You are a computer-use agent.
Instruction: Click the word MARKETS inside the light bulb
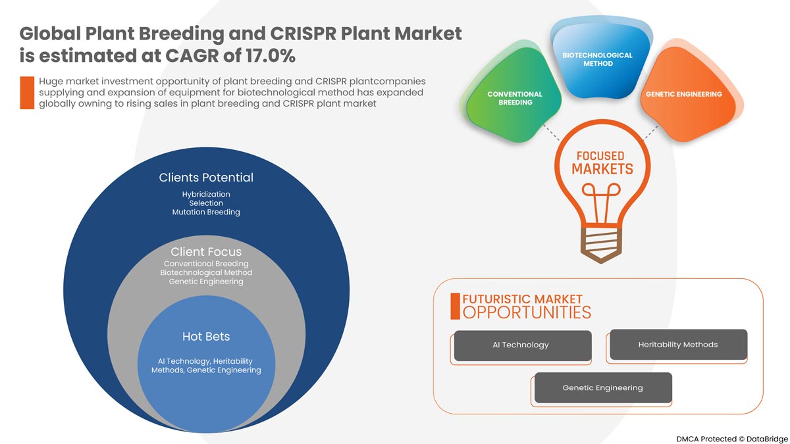602,169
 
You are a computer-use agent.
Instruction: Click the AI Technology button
521,345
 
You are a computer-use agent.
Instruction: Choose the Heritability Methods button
678,345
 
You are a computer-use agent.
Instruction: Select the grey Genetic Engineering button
602,388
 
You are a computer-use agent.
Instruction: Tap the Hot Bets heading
206,337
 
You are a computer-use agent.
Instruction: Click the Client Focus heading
206,252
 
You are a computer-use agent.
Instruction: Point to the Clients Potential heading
206,178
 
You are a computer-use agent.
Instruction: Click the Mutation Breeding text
206,212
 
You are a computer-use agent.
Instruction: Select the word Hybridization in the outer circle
206,195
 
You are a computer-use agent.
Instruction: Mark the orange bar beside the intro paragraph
27,93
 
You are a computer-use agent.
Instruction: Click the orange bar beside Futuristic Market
454,306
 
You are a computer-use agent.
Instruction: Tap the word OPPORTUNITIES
527,312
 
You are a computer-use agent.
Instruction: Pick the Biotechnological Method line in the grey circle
206,272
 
